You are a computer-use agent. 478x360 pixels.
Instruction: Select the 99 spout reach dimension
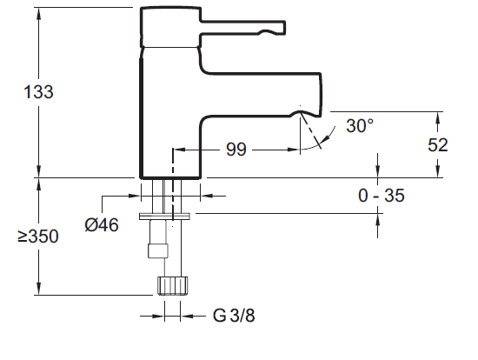(x=236, y=150)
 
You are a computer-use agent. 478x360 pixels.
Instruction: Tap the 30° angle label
(x=360, y=125)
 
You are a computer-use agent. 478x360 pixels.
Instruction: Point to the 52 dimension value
(x=438, y=145)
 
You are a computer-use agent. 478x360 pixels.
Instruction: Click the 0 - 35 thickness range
(x=382, y=196)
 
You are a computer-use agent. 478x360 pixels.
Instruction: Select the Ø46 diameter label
(x=102, y=225)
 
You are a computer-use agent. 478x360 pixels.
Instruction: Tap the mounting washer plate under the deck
(x=168, y=214)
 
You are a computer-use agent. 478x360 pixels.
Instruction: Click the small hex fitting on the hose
(x=158, y=252)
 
